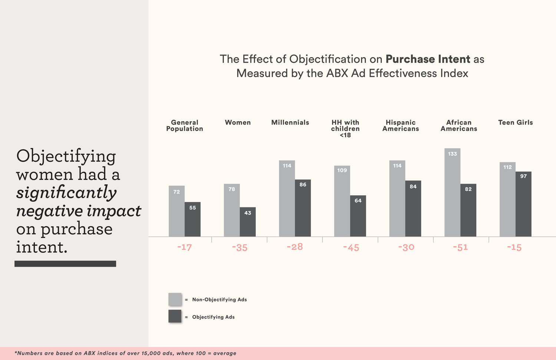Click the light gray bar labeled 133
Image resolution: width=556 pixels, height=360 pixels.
(x=452, y=193)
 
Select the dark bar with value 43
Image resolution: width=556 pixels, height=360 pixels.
(x=248, y=222)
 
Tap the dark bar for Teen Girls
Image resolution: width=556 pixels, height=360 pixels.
(x=523, y=204)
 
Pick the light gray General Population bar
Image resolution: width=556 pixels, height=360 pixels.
(x=176, y=211)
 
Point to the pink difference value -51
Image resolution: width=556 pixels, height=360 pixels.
(x=460, y=247)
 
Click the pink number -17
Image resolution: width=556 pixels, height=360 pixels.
(x=184, y=247)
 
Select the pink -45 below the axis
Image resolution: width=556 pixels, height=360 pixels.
(x=351, y=247)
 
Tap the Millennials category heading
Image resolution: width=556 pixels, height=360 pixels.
(x=290, y=123)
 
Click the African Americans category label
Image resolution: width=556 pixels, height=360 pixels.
(x=459, y=126)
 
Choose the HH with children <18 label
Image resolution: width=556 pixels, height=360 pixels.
(x=345, y=129)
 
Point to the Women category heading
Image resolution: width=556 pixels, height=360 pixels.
(x=238, y=123)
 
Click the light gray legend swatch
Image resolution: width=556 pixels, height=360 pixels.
(x=175, y=299)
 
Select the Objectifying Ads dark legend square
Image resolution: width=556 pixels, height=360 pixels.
(x=175, y=316)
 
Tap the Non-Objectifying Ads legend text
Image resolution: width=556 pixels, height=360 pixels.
(x=219, y=300)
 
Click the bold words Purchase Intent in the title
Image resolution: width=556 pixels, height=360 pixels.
(x=428, y=59)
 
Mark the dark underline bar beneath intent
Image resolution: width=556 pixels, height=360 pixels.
(x=65, y=264)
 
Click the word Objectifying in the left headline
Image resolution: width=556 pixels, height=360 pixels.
(x=66, y=156)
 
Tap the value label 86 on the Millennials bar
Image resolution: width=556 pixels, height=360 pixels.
(x=303, y=185)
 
